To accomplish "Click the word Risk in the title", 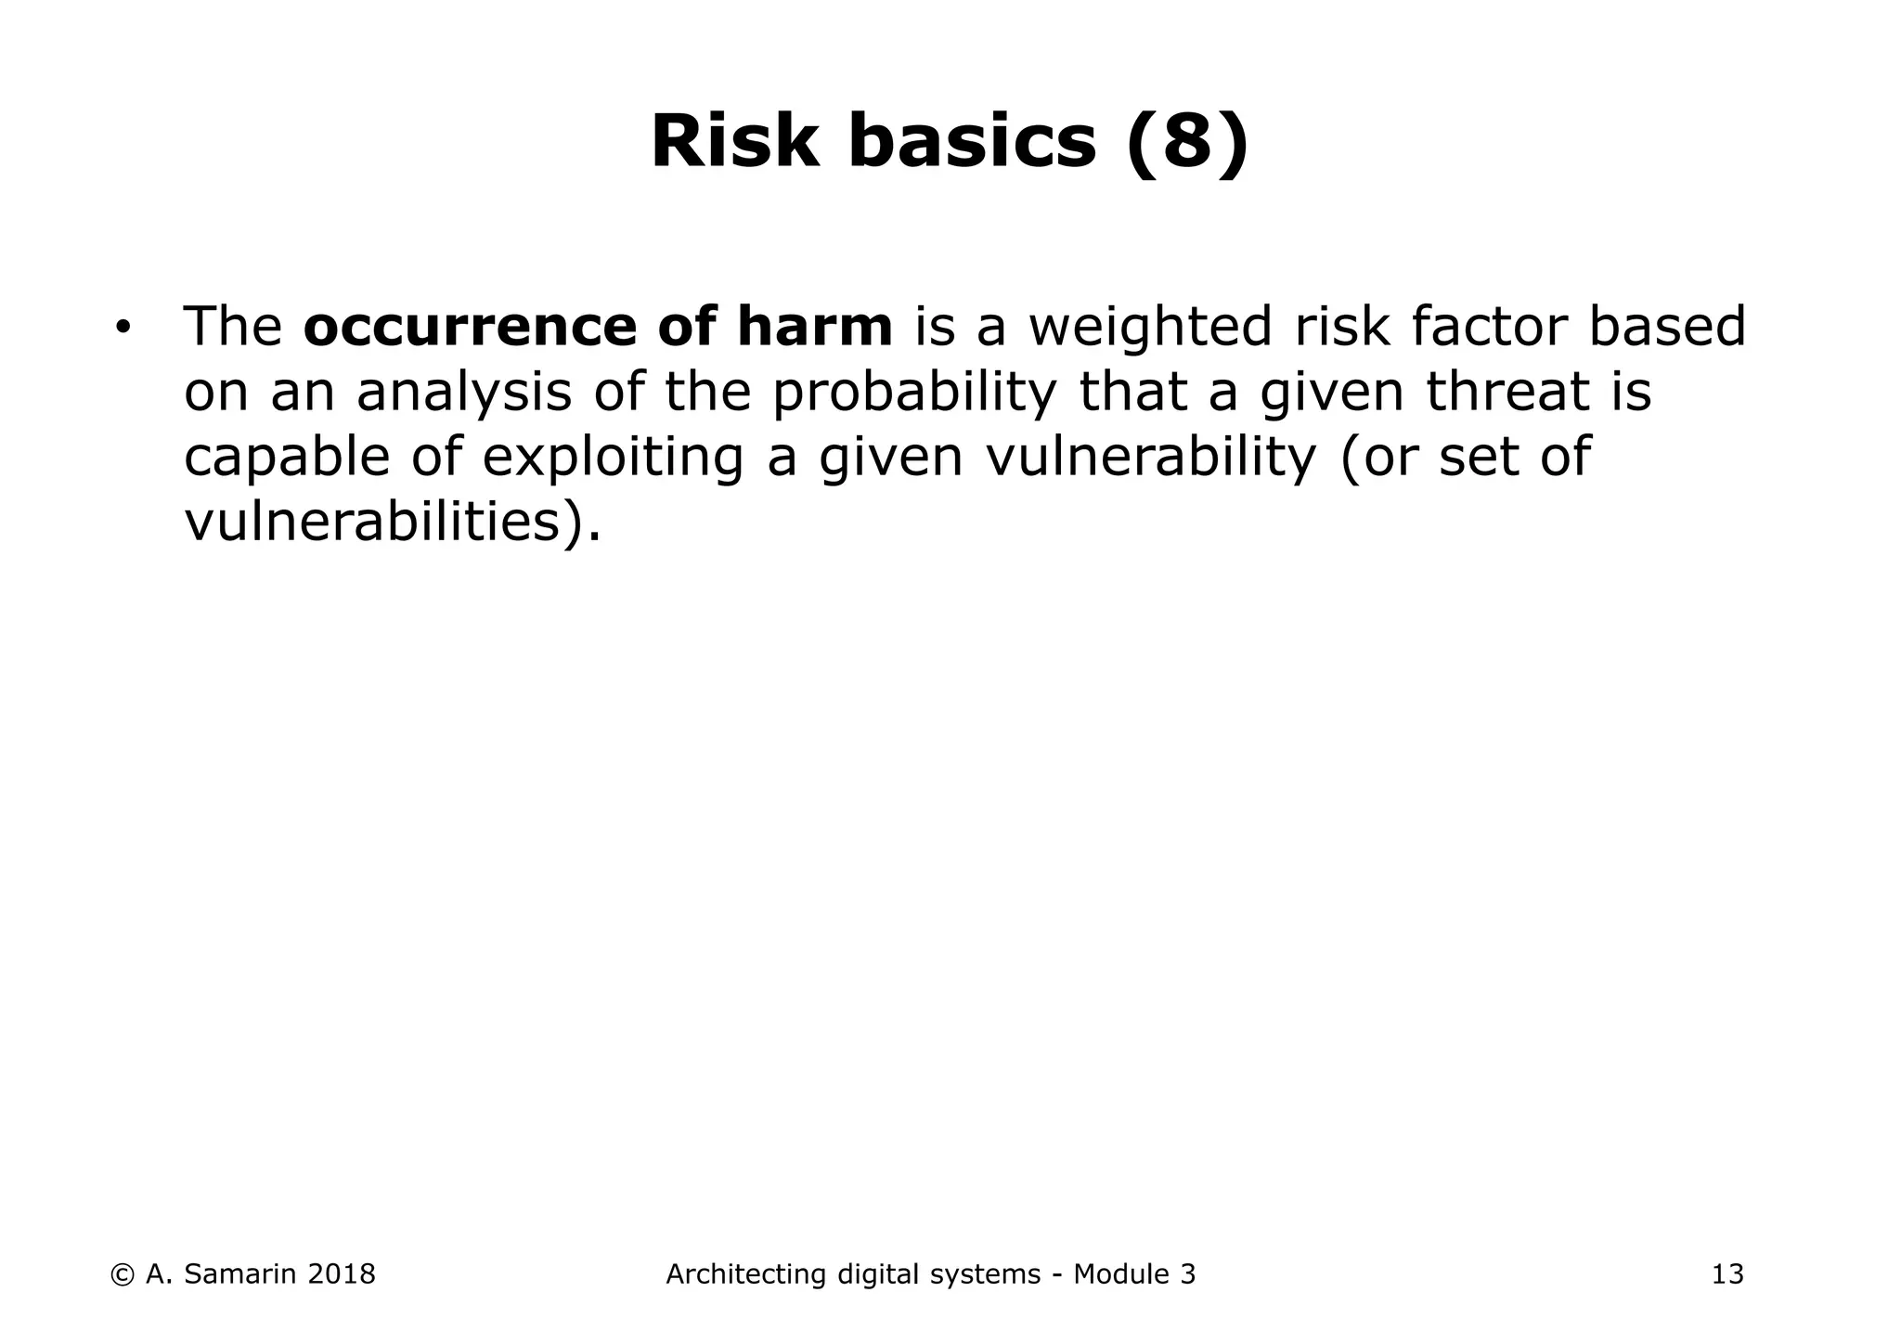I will point(735,142).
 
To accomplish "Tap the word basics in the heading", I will point(972,142).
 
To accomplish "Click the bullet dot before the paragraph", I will point(122,329).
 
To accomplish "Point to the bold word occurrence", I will point(470,327).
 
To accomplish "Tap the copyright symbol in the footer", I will point(122,1274).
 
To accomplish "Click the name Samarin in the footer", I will point(237,1274).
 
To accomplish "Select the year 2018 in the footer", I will point(341,1274).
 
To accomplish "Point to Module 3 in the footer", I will point(1134,1274).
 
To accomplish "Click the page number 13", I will point(1727,1274).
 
